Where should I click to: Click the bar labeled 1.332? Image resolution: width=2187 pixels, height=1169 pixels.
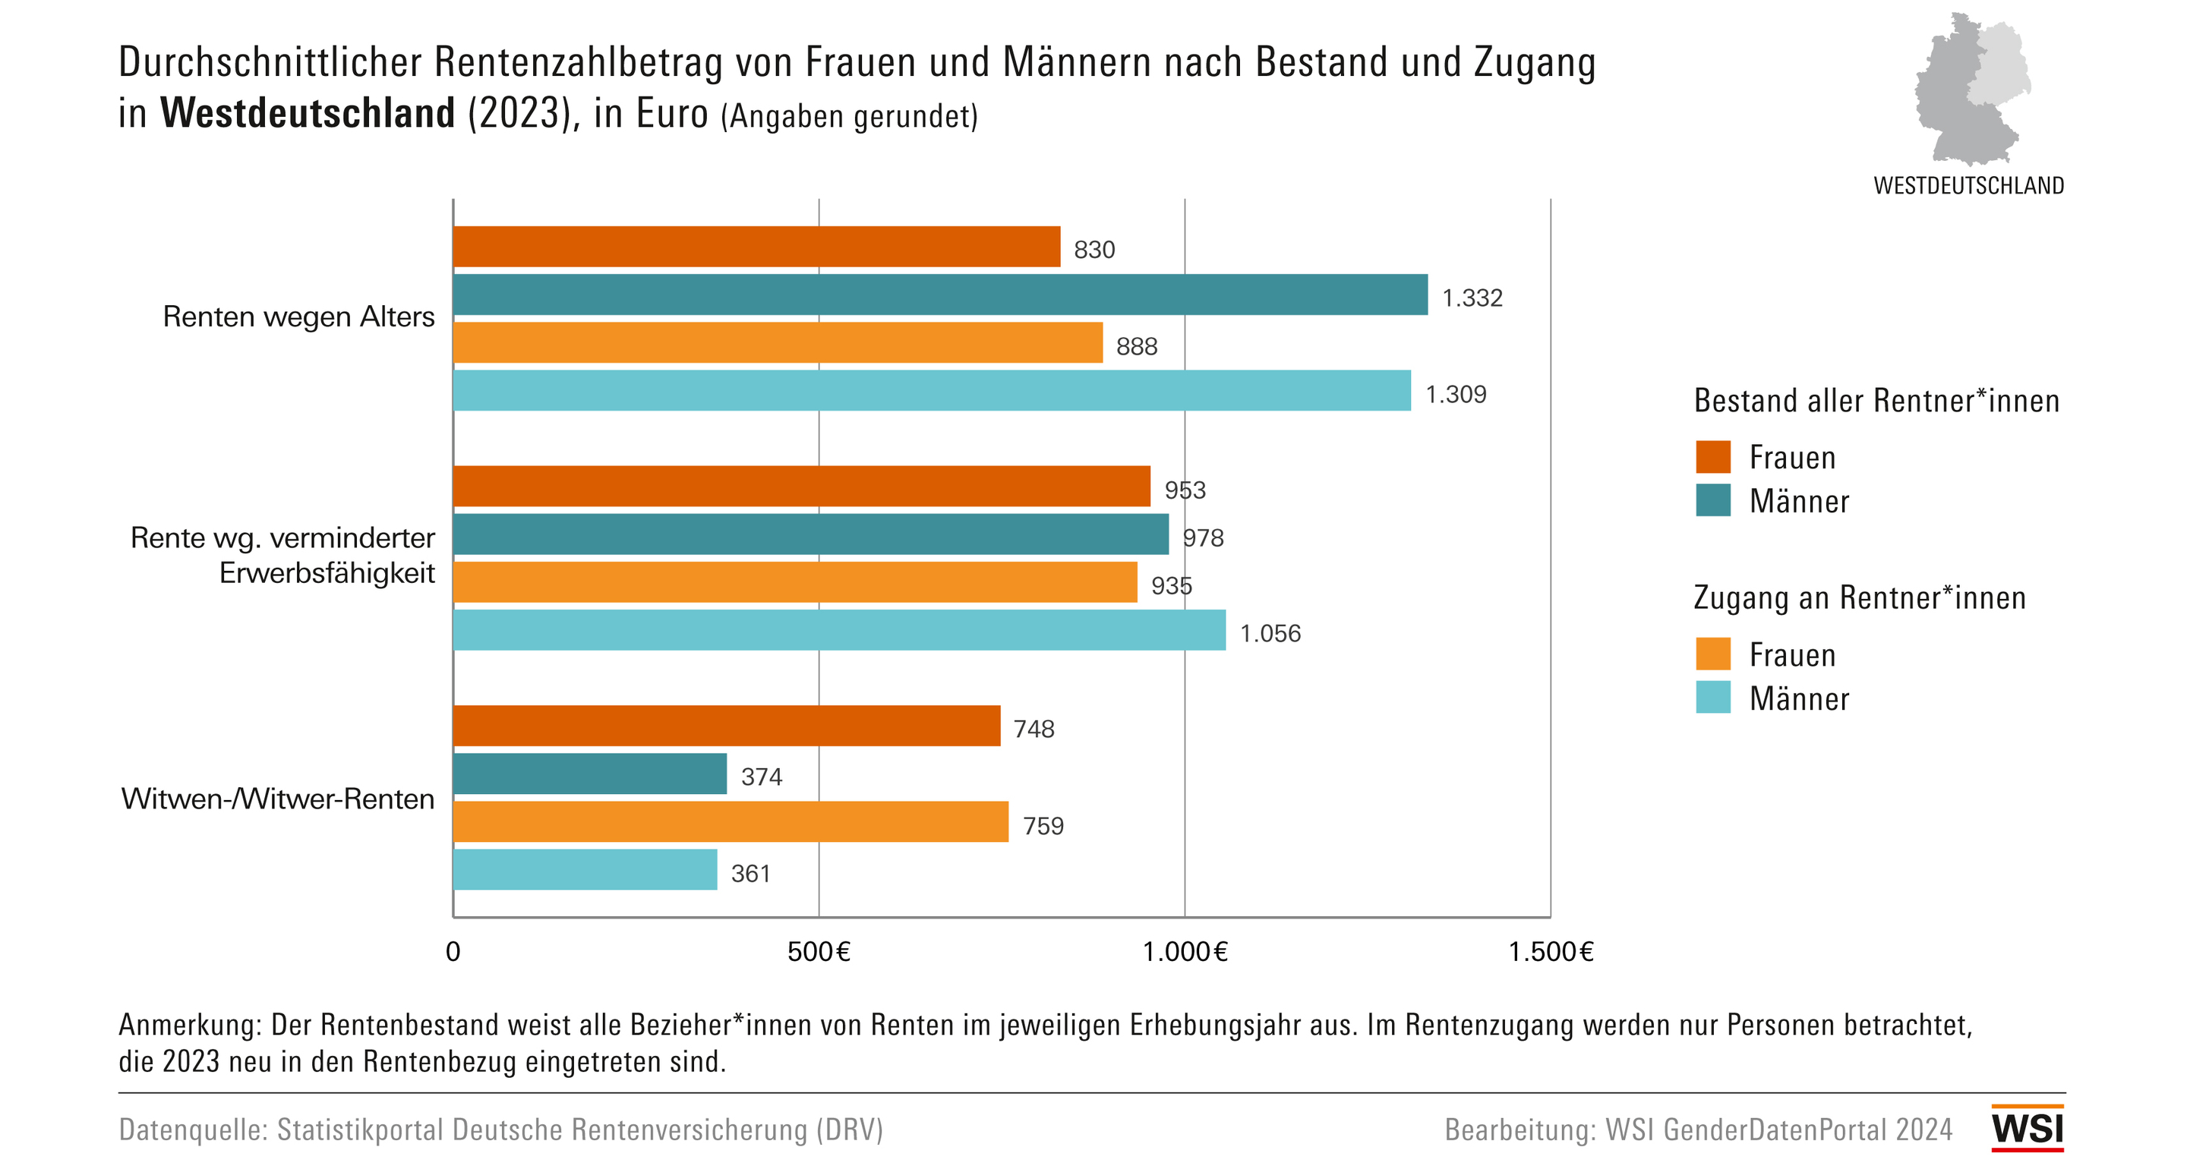pyautogui.click(x=940, y=295)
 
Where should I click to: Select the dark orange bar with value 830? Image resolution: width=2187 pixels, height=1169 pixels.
pyautogui.click(x=756, y=246)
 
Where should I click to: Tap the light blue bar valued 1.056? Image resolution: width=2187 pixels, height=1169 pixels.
pyautogui.click(x=839, y=630)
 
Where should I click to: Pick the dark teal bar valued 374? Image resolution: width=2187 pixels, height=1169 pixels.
pyautogui.click(x=590, y=774)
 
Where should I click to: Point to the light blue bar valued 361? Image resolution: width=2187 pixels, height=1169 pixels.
pyautogui.click(x=585, y=869)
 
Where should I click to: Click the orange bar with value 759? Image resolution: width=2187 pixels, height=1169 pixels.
pyautogui.click(x=730, y=822)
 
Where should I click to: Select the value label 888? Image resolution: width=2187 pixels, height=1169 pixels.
pyautogui.click(x=1136, y=346)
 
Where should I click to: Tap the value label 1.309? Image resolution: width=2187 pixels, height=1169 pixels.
pyautogui.click(x=1455, y=395)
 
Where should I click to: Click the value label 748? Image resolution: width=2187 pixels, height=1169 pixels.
pyautogui.click(x=1034, y=729)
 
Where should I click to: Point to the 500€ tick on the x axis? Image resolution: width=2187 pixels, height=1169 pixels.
pyautogui.click(x=819, y=952)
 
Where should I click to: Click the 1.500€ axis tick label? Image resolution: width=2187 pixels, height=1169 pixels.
pyautogui.click(x=1550, y=952)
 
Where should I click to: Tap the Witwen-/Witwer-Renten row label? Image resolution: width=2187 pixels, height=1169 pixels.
pyautogui.click(x=278, y=799)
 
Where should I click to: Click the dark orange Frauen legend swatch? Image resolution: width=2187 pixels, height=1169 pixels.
pyautogui.click(x=1712, y=457)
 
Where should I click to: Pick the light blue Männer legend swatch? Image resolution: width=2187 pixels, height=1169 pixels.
pyautogui.click(x=1712, y=698)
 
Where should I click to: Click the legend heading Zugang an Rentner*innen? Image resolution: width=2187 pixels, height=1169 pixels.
pyautogui.click(x=1859, y=597)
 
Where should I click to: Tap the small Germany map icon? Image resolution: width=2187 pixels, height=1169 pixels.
pyautogui.click(x=1971, y=89)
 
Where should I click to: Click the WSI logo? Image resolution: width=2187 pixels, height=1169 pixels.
pyautogui.click(x=2027, y=1128)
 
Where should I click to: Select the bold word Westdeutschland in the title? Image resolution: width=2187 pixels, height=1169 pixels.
pyautogui.click(x=308, y=113)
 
